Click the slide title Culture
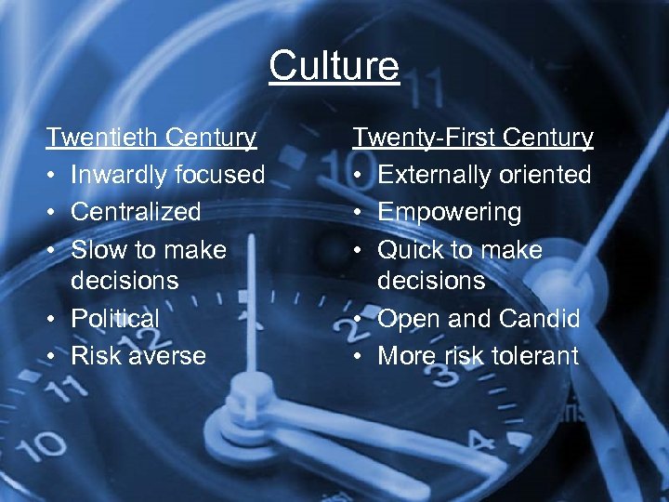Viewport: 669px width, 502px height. point(334,66)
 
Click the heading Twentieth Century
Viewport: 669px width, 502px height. point(151,138)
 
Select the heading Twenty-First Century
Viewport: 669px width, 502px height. point(472,138)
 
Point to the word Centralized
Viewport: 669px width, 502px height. point(136,212)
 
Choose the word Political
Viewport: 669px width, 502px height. point(115,318)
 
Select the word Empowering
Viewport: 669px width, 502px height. point(450,212)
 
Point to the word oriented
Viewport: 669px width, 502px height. point(545,175)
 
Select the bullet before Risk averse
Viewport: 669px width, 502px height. point(53,355)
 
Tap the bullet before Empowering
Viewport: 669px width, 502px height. point(359,212)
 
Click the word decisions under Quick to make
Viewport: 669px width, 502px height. point(431,281)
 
